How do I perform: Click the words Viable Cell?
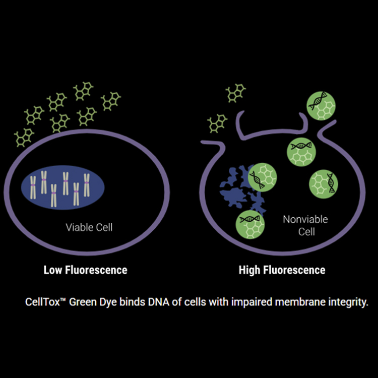click(89, 227)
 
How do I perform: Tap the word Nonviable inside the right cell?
click(305, 219)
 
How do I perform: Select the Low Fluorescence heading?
click(85, 270)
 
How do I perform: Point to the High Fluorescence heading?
click(282, 270)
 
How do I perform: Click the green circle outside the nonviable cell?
click(321, 106)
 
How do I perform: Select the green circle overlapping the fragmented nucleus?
click(262, 177)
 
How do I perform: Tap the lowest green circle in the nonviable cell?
click(250, 224)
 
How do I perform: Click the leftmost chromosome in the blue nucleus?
click(33, 187)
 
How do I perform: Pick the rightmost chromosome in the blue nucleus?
click(87, 185)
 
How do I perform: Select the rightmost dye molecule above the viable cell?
click(111, 101)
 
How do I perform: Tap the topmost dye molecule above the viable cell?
click(83, 91)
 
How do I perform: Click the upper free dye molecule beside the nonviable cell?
click(236, 93)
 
